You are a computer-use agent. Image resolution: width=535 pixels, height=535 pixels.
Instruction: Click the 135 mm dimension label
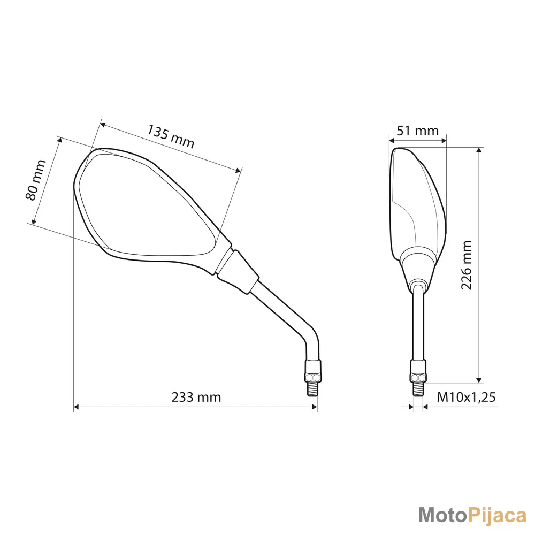(x=171, y=136)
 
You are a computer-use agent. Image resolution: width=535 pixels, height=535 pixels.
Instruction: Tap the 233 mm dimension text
(x=196, y=397)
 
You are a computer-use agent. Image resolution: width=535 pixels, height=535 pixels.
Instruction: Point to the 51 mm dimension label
(x=418, y=131)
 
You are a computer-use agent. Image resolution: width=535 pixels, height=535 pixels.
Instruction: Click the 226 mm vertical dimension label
(x=466, y=265)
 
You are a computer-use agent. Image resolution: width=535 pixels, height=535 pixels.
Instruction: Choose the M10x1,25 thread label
(x=466, y=397)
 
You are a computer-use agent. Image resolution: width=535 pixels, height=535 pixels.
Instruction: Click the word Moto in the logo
(x=442, y=515)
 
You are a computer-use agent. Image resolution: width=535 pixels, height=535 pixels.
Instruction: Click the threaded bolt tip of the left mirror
(x=313, y=389)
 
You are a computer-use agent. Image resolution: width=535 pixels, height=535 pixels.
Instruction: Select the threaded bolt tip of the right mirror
(x=418, y=389)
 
